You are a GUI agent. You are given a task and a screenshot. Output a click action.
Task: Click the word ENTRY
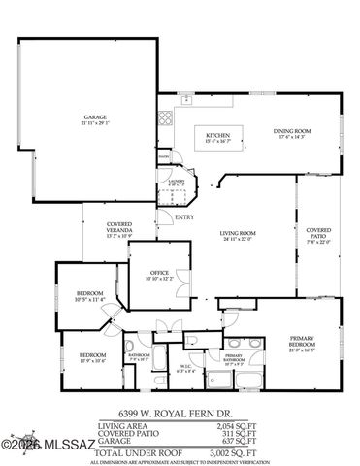coord(184,217)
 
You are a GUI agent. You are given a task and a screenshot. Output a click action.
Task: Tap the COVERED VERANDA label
coord(118,229)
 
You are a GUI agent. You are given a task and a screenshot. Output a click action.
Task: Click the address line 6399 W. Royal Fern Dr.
coord(180,412)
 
